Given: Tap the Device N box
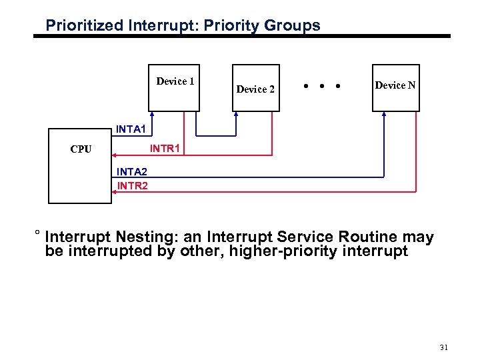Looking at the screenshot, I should (396, 87).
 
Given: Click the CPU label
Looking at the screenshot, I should (81, 149).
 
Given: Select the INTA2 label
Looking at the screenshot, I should (132, 174).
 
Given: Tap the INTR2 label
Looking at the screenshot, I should (132, 186).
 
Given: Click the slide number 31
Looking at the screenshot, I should (445, 347).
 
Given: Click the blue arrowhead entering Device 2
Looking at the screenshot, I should (236, 114).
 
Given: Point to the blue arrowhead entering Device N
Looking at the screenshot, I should (384, 114).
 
